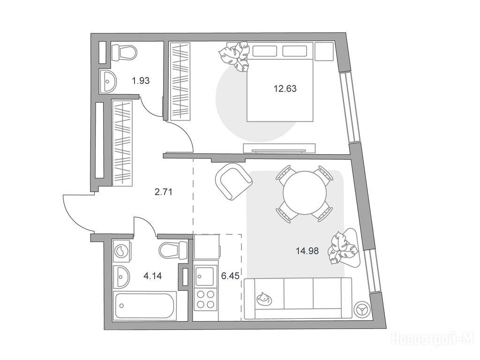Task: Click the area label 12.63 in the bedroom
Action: [x=285, y=89]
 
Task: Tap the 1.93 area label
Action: [x=141, y=81]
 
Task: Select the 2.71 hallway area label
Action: [x=164, y=192]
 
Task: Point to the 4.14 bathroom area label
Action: [x=152, y=276]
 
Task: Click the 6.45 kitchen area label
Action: [x=230, y=276]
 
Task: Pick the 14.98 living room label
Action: [x=307, y=251]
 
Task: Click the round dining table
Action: [x=305, y=193]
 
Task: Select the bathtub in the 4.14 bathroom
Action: [x=144, y=305]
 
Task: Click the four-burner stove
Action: [x=205, y=300]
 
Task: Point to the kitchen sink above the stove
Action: [x=205, y=277]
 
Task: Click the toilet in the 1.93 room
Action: [x=124, y=52]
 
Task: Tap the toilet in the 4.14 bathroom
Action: [x=173, y=250]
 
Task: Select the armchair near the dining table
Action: [x=233, y=181]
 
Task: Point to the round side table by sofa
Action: [x=361, y=310]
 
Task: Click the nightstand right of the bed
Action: [x=324, y=52]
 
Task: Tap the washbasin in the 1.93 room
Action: [x=108, y=81]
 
